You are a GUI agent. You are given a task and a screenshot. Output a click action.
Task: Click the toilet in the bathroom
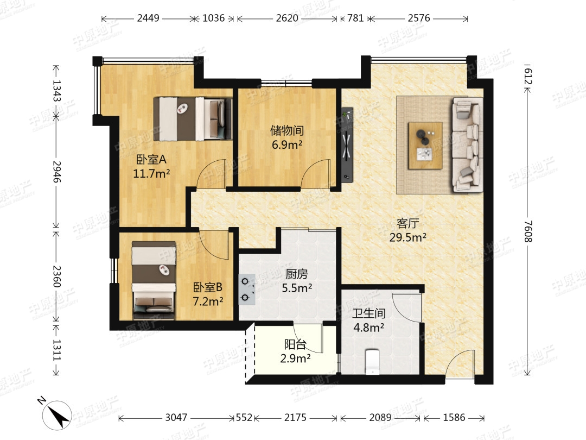(372, 361)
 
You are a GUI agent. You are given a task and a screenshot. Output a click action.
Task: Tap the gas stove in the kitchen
(247, 289)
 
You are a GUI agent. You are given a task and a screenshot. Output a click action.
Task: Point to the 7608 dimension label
(527, 231)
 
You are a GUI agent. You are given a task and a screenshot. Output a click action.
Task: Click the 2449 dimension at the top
(148, 18)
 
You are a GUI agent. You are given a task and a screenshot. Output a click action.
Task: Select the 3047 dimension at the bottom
(176, 417)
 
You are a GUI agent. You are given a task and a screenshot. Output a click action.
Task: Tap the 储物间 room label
(287, 130)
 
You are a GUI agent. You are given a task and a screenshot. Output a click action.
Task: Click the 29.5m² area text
(407, 237)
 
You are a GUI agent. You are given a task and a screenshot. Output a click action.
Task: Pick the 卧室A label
(151, 160)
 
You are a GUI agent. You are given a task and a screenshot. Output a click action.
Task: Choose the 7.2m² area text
(208, 301)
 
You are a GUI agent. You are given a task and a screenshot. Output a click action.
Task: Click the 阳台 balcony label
(295, 344)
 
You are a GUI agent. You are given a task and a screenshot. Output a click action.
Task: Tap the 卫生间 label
(369, 313)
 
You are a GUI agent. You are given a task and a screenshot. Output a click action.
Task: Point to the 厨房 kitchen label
(297, 274)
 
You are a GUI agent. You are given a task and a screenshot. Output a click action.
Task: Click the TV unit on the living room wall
(347, 145)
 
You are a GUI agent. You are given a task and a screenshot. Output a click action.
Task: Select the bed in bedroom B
(154, 280)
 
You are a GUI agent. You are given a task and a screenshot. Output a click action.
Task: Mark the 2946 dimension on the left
(56, 172)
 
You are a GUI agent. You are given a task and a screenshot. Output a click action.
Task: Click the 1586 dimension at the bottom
(454, 417)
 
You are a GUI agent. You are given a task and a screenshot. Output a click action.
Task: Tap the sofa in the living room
(467, 145)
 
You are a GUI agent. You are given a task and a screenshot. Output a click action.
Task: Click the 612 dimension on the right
(527, 77)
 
